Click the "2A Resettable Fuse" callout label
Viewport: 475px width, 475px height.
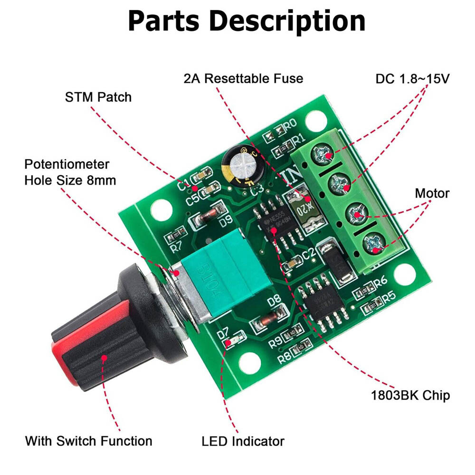243,78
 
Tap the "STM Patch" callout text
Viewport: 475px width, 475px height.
98,97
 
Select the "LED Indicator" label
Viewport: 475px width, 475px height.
243,441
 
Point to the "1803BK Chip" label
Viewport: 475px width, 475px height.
410,395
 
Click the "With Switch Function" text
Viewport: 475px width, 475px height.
89,440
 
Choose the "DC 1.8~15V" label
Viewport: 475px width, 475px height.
412,79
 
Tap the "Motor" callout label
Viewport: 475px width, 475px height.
432,193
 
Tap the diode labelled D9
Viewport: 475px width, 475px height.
208,217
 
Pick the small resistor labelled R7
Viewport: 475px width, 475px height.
177,234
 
